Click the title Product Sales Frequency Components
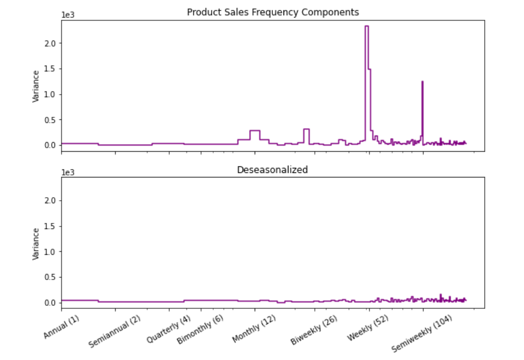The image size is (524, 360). point(273,12)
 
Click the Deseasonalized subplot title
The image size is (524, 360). point(272,170)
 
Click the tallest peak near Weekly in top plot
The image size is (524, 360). point(366,26)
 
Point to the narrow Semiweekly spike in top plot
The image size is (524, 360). point(422,82)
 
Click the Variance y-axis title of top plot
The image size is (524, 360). point(36,86)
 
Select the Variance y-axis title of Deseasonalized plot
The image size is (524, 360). point(36,244)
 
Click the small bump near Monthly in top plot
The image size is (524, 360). point(255,131)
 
